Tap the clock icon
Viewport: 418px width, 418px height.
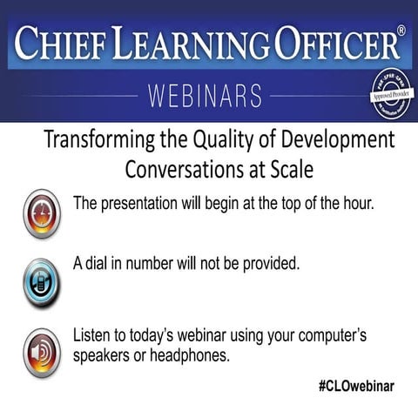[41, 212]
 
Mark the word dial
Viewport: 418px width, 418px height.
[98, 263]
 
